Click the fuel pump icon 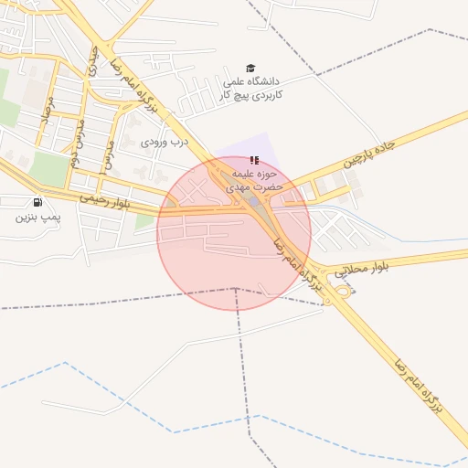[x=37, y=202]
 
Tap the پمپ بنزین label [x=37, y=218]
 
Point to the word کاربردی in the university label [x=268, y=94]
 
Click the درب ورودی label [x=165, y=142]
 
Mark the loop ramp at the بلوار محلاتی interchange [x=344, y=291]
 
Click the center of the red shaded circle [x=234, y=233]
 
